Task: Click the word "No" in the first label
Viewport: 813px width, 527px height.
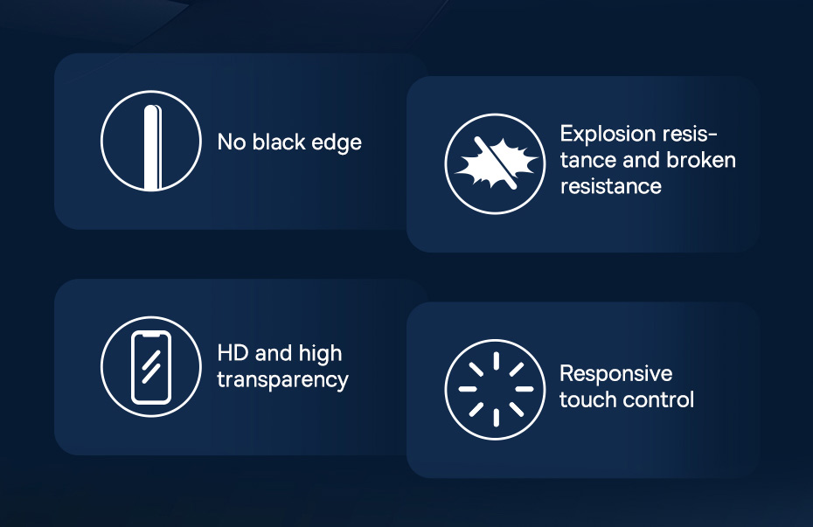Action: (x=232, y=142)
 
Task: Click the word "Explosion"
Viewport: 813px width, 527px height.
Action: (x=608, y=135)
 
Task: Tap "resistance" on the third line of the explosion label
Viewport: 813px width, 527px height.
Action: (x=611, y=186)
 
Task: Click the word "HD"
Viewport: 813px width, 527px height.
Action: (x=233, y=353)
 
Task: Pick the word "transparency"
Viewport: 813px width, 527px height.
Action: (x=282, y=380)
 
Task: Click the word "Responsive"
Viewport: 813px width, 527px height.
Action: (x=616, y=373)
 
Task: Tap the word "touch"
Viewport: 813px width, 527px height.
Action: (x=588, y=399)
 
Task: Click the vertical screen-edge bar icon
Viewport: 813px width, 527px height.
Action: (x=153, y=148)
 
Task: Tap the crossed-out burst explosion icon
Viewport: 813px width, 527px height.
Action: (x=495, y=163)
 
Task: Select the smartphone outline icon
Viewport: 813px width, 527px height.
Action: (x=151, y=367)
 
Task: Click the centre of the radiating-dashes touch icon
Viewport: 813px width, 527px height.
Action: (x=496, y=389)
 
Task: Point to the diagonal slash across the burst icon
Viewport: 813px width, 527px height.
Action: (x=496, y=163)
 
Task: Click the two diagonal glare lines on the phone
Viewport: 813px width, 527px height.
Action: (x=151, y=367)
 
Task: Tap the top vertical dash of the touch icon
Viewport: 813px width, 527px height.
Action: (x=497, y=361)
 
